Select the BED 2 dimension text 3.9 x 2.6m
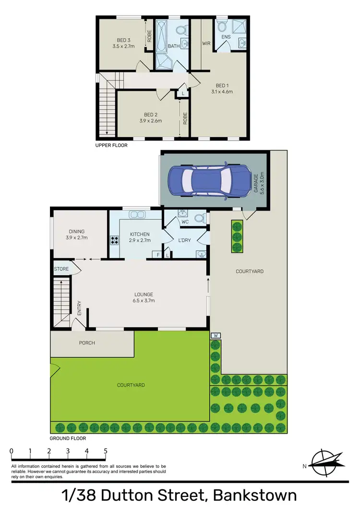150,121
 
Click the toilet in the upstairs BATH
181,30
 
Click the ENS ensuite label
226,37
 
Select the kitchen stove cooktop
115,240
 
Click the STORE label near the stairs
60,269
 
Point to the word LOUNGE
144,295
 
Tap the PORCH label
87,343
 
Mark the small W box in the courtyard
216,335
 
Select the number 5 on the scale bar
105,451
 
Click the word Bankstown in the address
255,495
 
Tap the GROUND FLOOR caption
68,438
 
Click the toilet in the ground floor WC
202,218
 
